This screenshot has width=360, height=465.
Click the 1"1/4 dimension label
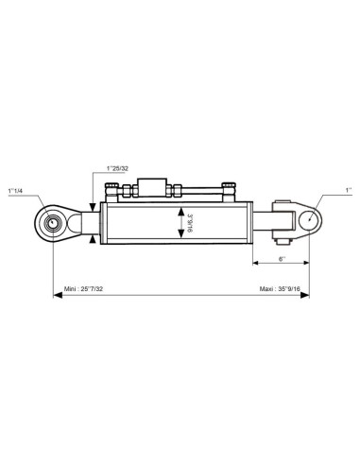(x=15, y=191)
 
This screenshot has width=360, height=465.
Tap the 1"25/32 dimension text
(x=117, y=168)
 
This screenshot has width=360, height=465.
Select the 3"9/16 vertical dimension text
(x=190, y=223)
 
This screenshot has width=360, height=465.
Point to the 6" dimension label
(x=282, y=259)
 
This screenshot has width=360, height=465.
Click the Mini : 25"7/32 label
(x=83, y=288)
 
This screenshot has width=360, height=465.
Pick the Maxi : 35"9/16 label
(x=280, y=288)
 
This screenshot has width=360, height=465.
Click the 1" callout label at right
(x=349, y=190)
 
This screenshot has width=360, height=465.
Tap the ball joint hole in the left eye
(x=53, y=223)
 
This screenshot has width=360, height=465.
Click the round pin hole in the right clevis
(x=309, y=219)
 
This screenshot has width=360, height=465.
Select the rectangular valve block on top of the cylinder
(x=152, y=188)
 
